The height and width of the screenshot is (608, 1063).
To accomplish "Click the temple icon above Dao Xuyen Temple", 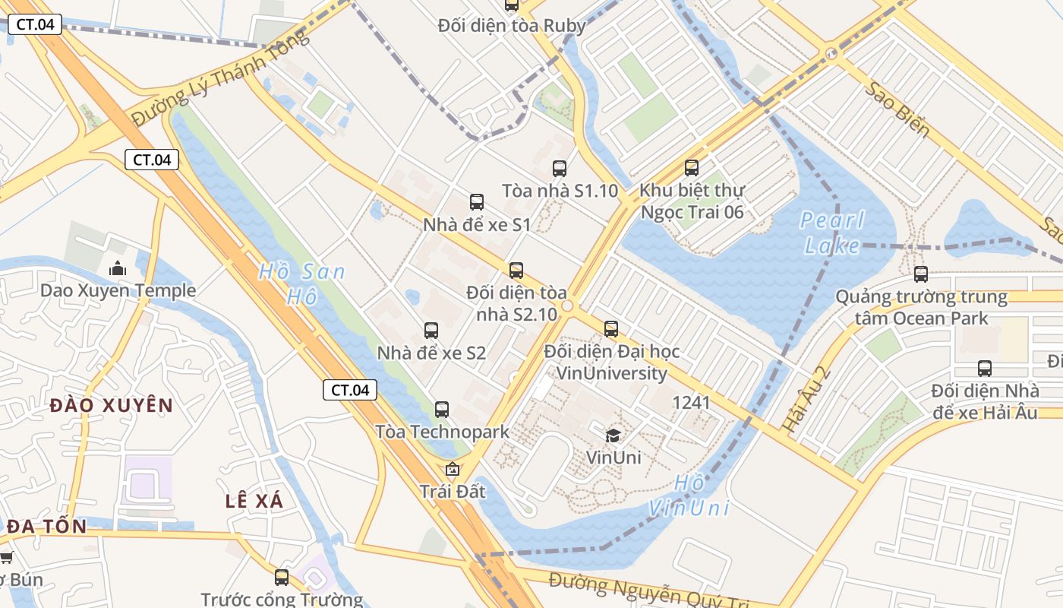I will pos(118,268).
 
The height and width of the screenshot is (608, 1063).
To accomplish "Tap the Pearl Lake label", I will pos(832,233).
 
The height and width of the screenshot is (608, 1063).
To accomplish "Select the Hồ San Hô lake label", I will pos(301,283).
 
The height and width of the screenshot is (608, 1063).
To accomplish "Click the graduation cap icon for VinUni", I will pos(613,435).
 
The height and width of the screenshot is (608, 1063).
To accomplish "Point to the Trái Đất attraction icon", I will pos(453,469).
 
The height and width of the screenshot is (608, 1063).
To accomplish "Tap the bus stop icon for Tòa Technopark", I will pos(442,410).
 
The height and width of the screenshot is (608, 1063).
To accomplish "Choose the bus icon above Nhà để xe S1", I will pos(477,202).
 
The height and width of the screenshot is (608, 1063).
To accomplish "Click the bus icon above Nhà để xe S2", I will pos(431,331).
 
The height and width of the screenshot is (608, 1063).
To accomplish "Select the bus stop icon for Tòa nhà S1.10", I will pos(560,169).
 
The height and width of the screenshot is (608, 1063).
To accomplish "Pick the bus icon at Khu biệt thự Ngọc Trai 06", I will pos(692,168).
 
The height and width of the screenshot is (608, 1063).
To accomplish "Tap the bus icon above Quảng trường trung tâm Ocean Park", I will pos(921,274).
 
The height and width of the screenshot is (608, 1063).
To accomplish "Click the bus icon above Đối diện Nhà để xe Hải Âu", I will pos(985,369).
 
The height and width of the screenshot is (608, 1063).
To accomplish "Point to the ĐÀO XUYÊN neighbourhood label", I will pos(112,405).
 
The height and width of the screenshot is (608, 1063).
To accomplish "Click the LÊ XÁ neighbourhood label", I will pos(254,501).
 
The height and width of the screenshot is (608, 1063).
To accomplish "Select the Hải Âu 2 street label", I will pos(806,400).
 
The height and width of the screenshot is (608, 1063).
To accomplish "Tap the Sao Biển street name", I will pos(898,109).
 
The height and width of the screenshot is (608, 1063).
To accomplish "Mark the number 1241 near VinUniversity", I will pos(691,402).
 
